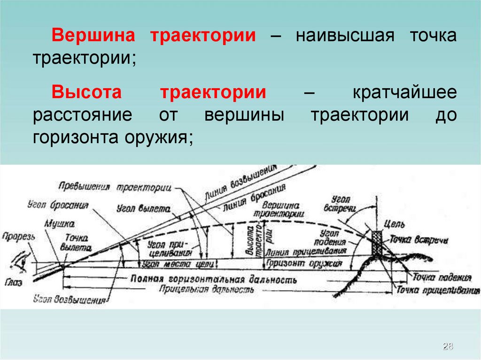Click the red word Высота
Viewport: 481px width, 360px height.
pyautogui.click(x=86, y=92)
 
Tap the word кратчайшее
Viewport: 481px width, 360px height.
pyautogui.click(x=404, y=92)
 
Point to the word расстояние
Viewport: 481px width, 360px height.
pyautogui.click(x=79, y=115)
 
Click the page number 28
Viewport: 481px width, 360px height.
pyautogui.click(x=448, y=347)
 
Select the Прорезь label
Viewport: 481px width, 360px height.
pyautogui.click(x=18, y=237)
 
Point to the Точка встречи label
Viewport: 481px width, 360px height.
pyautogui.click(x=419, y=241)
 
